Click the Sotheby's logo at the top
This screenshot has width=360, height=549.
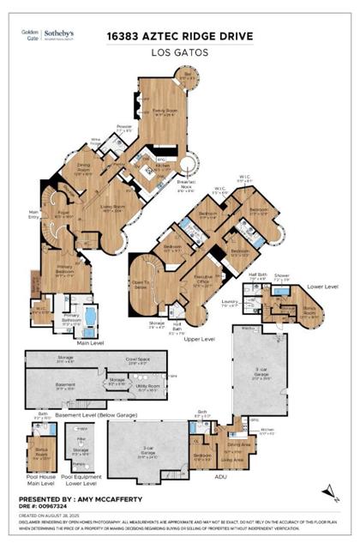(62, 36)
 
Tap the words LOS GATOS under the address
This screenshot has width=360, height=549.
(181, 51)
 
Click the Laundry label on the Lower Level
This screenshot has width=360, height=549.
(255, 303)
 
